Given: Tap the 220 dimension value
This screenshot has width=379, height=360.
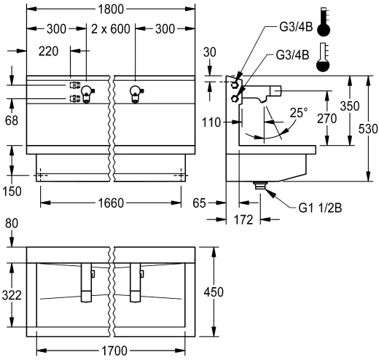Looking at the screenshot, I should point(48,52).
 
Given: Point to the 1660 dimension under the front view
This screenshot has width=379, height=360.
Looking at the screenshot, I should point(112,203).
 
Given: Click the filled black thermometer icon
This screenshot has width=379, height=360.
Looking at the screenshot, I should point(324,23).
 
